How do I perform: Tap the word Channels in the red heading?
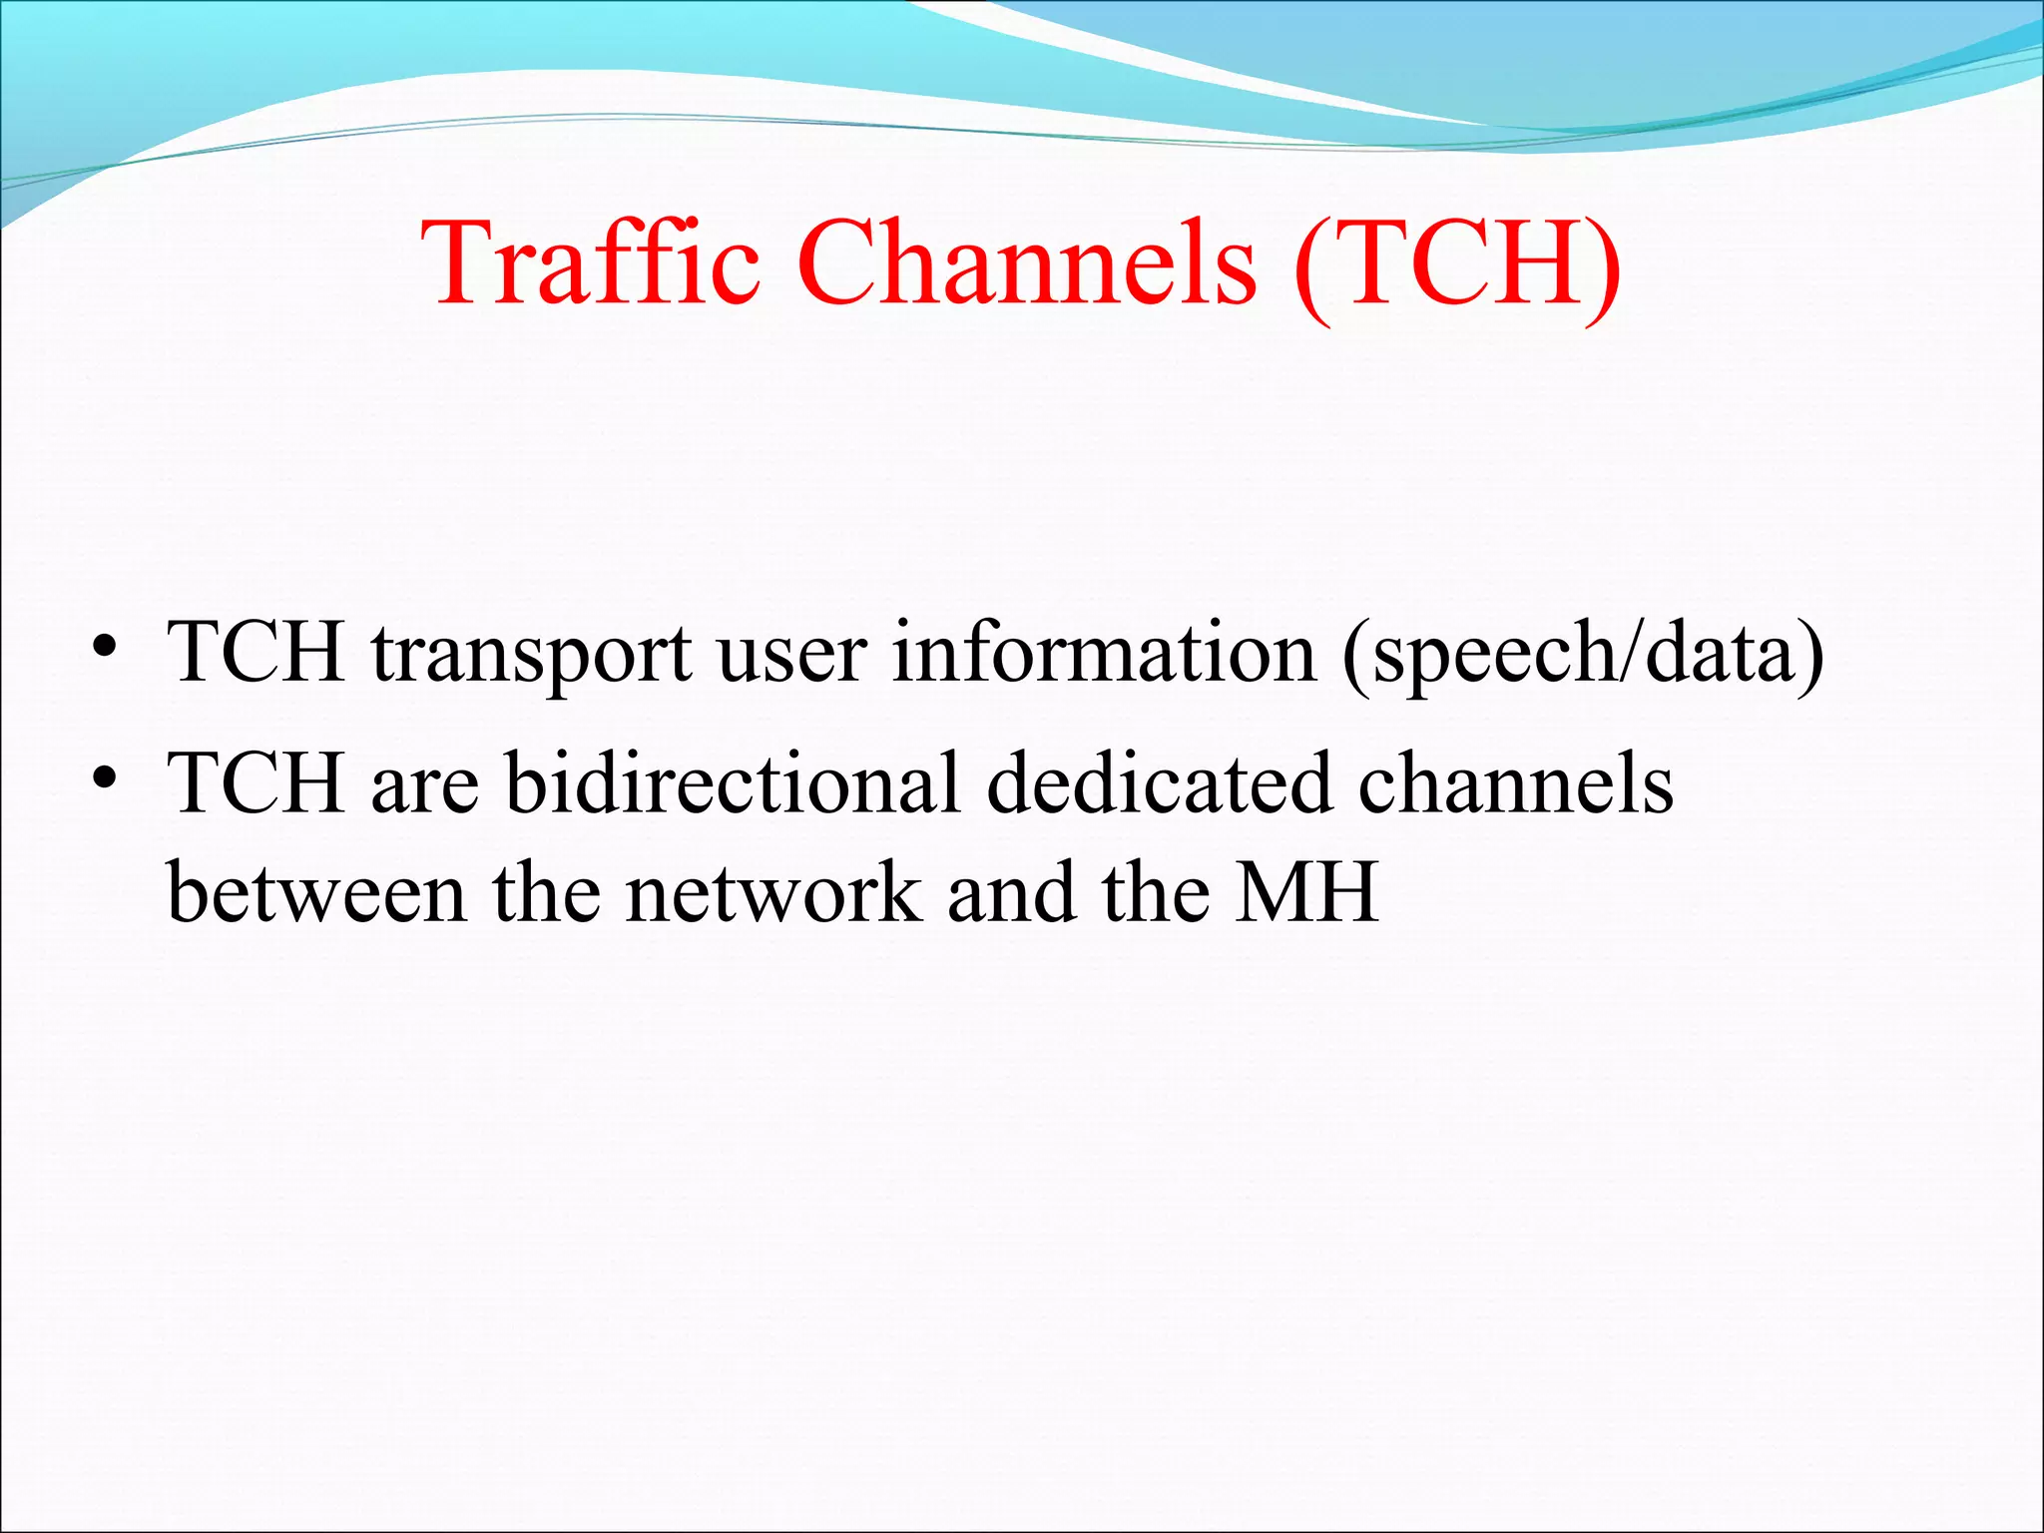pos(1027,263)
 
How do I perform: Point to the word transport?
pos(531,655)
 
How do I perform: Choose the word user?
pos(791,655)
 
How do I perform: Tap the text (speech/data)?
pos(1583,655)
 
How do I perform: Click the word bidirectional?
pos(733,783)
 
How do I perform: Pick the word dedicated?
pos(1159,783)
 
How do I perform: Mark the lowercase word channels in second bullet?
pos(1515,783)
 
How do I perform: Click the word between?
pos(316,893)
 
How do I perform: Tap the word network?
pos(772,893)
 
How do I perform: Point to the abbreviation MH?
pos(1306,893)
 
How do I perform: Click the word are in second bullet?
pos(425,788)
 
